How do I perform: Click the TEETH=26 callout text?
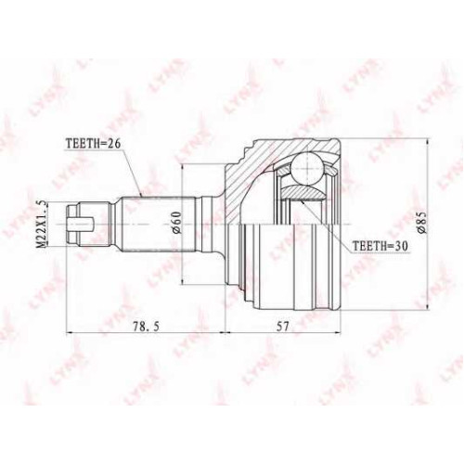93,144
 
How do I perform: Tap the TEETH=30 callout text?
380,246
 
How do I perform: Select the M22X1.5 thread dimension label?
42,224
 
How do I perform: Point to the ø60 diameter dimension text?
175,223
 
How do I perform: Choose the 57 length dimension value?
281,327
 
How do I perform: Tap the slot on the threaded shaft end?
80,224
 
